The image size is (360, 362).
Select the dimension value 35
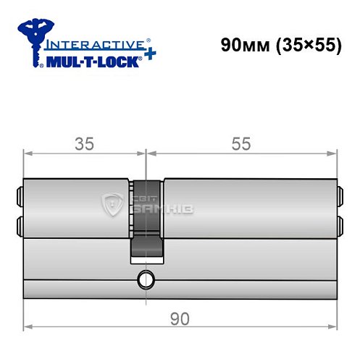point(84,143)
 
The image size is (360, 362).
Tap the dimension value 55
point(242,143)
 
